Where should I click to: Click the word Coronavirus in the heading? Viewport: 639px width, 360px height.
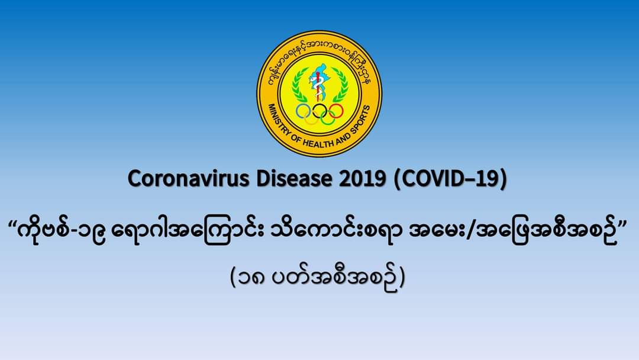[188, 179]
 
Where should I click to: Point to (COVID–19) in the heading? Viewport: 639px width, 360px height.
[450, 179]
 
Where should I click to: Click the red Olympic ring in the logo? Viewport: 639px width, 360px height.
[337, 111]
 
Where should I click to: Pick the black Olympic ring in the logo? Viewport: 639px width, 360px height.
[320, 111]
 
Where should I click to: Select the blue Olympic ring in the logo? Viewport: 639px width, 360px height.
[303, 111]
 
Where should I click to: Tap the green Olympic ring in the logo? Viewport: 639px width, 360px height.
[328, 118]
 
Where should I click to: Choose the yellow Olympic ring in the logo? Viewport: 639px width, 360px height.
[311, 118]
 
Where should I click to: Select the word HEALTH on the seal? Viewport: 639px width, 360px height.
[318, 143]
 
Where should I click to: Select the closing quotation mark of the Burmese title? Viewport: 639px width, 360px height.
[623, 225]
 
